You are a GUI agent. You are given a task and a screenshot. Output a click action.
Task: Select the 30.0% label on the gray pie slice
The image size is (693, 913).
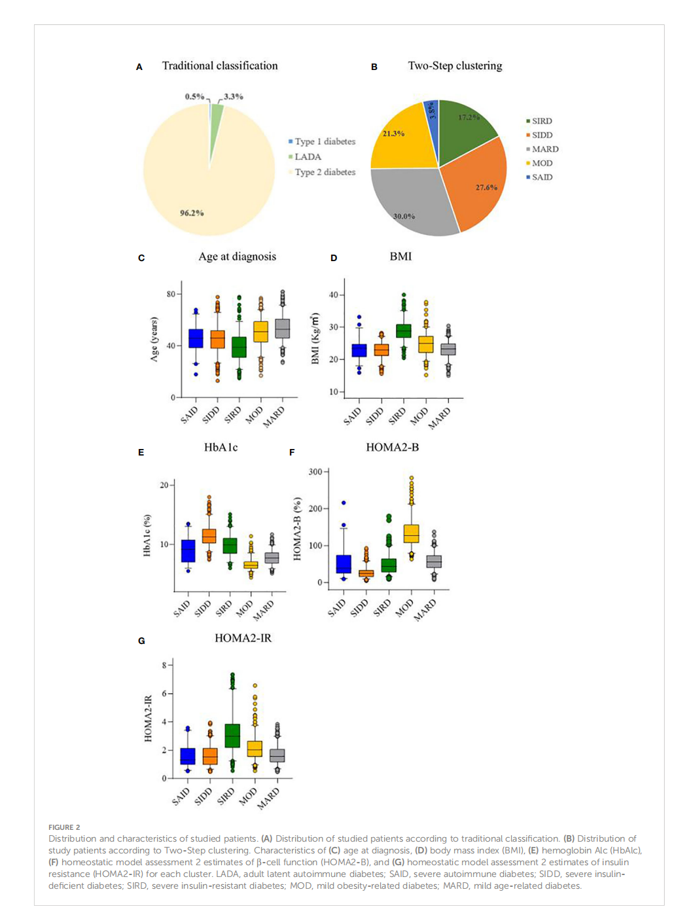(404, 216)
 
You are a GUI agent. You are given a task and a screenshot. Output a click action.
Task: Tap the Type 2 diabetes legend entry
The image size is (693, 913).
(325, 172)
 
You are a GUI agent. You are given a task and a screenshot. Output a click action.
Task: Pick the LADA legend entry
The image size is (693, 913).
(308, 157)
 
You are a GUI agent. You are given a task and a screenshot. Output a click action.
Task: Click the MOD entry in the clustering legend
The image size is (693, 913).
(542, 163)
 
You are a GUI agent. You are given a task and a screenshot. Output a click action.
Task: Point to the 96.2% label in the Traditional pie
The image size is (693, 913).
(192, 213)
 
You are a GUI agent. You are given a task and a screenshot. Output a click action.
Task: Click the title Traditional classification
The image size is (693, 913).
(220, 65)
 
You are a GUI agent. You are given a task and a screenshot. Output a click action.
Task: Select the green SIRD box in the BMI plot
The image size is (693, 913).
(403, 331)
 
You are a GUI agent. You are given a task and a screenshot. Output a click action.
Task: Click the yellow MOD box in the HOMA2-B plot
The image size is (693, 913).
(411, 533)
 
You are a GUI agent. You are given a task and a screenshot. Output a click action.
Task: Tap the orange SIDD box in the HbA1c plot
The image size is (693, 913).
(209, 536)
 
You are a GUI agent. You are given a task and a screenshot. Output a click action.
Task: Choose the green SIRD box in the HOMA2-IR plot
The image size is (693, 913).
(232, 736)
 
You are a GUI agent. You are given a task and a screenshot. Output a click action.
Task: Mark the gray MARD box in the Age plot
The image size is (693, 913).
(282, 329)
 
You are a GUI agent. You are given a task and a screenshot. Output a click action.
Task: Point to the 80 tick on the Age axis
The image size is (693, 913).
(171, 294)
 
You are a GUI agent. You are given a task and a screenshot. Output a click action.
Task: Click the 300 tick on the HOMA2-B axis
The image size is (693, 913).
(315, 472)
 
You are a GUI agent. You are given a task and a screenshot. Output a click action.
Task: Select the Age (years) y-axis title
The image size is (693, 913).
(154, 339)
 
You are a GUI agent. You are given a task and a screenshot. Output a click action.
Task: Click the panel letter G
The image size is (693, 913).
(141, 641)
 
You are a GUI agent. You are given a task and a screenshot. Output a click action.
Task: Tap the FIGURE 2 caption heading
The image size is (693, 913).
(64, 827)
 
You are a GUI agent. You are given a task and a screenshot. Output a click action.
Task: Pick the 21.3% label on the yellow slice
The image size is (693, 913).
(393, 134)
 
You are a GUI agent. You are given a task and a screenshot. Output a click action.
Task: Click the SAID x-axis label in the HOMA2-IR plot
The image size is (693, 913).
(181, 796)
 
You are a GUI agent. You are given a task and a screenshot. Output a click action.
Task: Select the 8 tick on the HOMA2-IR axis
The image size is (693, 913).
(165, 665)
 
